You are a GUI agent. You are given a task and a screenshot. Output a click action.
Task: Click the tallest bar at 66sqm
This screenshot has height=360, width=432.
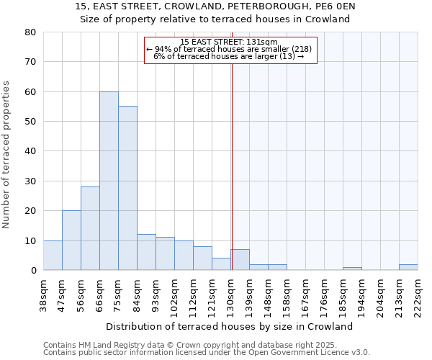click(x=109, y=181)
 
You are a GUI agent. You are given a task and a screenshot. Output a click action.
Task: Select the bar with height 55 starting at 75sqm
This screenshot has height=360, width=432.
click(x=127, y=188)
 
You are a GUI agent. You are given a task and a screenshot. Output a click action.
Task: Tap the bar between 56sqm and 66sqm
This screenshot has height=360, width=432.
click(x=90, y=228)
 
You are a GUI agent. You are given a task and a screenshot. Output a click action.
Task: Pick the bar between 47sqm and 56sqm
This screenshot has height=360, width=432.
click(x=71, y=240)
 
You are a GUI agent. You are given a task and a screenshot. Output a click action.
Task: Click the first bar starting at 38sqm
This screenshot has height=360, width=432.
click(x=53, y=256)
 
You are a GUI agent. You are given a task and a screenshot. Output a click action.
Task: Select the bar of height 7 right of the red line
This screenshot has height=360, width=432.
click(x=240, y=260)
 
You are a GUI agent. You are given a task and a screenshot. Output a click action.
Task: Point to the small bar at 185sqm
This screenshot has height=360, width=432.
click(x=352, y=269)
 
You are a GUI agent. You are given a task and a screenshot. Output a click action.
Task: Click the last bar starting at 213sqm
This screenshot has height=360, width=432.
click(x=408, y=267)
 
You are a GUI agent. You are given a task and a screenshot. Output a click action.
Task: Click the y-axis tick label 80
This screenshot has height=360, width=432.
click(x=30, y=32)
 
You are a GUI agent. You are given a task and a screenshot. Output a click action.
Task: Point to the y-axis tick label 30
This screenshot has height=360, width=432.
click(x=30, y=181)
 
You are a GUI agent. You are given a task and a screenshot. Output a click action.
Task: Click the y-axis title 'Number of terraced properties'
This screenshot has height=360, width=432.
click(x=6, y=155)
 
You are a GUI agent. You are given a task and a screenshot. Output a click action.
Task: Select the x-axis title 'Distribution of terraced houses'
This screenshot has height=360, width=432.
click(x=234, y=326)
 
